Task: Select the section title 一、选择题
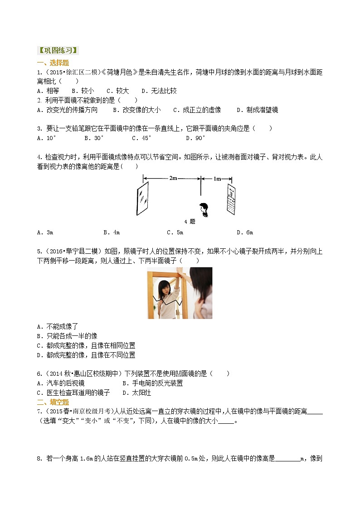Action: click(53, 63)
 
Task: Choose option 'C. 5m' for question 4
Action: click(175, 233)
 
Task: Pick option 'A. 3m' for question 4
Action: click(45, 233)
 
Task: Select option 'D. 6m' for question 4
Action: click(244, 233)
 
